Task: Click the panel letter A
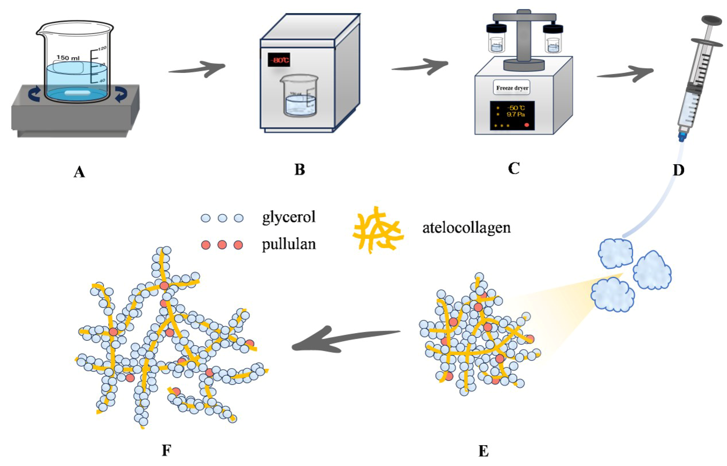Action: pyautogui.click(x=79, y=172)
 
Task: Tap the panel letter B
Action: pyautogui.click(x=300, y=170)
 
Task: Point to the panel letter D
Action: pyautogui.click(x=678, y=170)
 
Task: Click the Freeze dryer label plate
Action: pyautogui.click(x=512, y=88)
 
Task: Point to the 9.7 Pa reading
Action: pyautogui.click(x=516, y=114)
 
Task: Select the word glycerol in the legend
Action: pyautogui.click(x=289, y=217)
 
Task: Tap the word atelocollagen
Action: pyautogui.click(x=466, y=228)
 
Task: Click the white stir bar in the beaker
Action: pyautogui.click(x=78, y=92)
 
